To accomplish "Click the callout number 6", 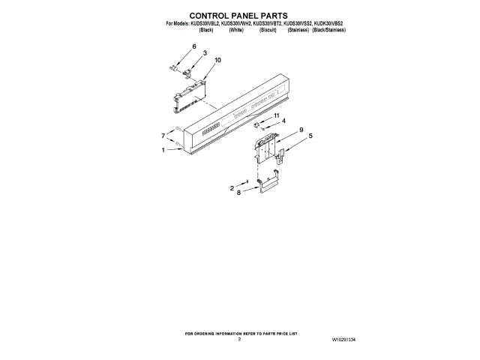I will pyautogui.click(x=193, y=46).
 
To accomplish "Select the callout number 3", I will pyautogui.click(x=205, y=53).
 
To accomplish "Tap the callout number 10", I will pyautogui.click(x=218, y=59).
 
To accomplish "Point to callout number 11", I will pyautogui.click(x=276, y=115).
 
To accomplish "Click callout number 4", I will pyautogui.click(x=283, y=121).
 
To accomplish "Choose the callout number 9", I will pyautogui.click(x=301, y=130).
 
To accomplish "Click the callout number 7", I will pyautogui.click(x=163, y=136).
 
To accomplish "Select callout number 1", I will pyautogui.click(x=163, y=150).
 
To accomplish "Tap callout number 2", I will pyautogui.click(x=232, y=187).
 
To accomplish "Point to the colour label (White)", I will pyautogui.click(x=237, y=29).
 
